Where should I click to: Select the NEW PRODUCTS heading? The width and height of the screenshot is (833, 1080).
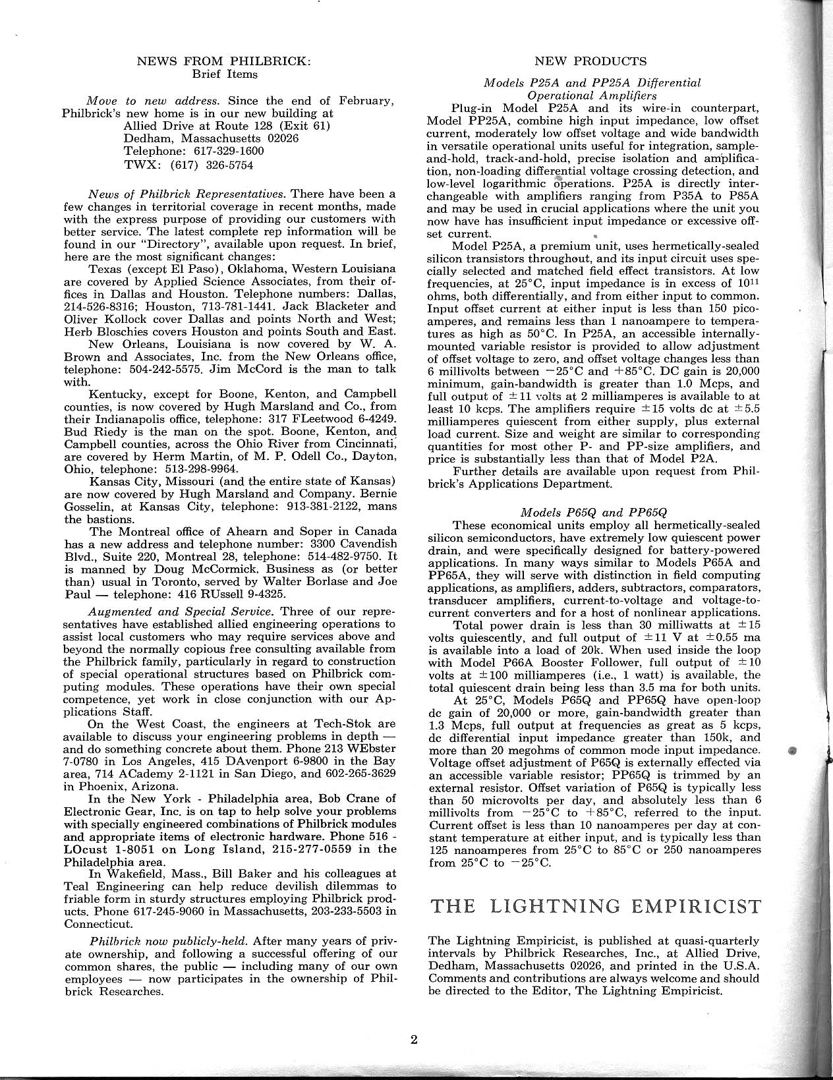pyautogui.click(x=590, y=62)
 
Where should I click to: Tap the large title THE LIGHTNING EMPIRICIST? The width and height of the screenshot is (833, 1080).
pyautogui.click(x=594, y=906)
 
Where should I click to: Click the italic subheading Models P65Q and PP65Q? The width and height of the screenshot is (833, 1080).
pyautogui.click(x=594, y=512)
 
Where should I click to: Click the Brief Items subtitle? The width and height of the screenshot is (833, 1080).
pyautogui.click(x=224, y=74)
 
